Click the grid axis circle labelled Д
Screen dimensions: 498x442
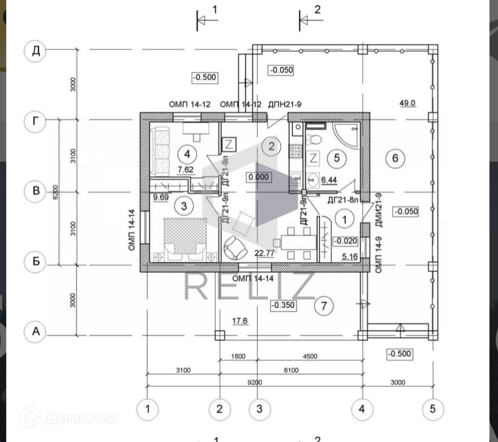click(36, 50)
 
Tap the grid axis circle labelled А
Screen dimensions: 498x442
click(36, 331)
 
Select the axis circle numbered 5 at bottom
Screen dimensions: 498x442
click(432, 409)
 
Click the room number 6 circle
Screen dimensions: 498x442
click(395, 158)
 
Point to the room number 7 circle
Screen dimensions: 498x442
click(324, 306)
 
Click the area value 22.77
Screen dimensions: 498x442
click(264, 253)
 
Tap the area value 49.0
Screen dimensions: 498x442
click(407, 103)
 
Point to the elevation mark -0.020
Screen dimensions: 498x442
click(345, 241)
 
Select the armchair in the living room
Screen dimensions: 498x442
click(235, 248)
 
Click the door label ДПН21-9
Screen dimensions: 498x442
click(285, 104)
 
